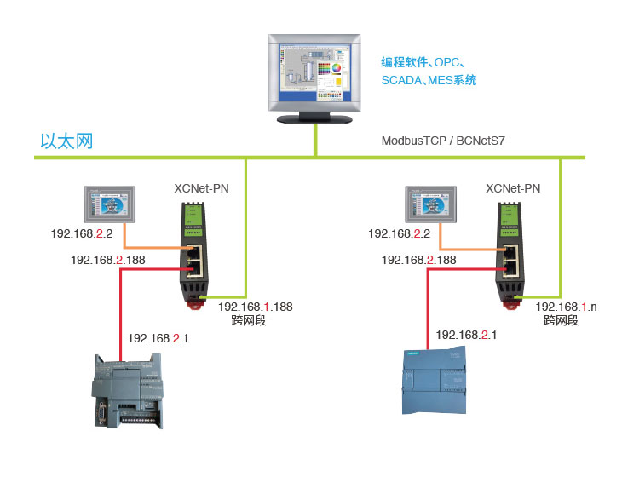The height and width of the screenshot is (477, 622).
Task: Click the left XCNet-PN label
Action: (201, 188)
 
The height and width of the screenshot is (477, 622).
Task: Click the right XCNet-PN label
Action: (512, 188)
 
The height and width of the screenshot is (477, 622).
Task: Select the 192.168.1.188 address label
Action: (254, 307)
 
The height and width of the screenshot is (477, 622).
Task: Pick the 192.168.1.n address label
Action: (566, 307)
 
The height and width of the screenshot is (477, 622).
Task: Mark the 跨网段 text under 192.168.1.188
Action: (249, 321)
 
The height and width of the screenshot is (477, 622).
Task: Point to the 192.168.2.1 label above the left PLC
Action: (158, 338)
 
